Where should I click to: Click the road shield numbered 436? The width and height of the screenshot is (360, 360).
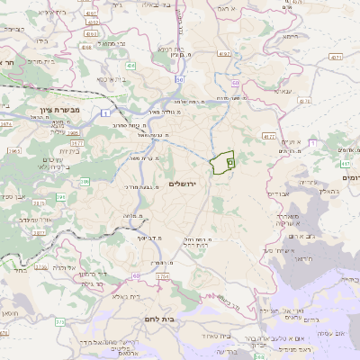click(131, 66)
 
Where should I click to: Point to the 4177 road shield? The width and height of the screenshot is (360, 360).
click(269, 137)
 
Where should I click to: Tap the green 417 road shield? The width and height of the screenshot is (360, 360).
click(346, 165)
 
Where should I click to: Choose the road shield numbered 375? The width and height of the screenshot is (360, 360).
click(59, 321)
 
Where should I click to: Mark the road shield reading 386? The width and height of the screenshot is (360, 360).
click(85, 183)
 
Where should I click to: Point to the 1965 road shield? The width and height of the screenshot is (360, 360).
click(13, 151)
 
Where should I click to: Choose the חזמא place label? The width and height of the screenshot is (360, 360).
click(289, 37)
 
